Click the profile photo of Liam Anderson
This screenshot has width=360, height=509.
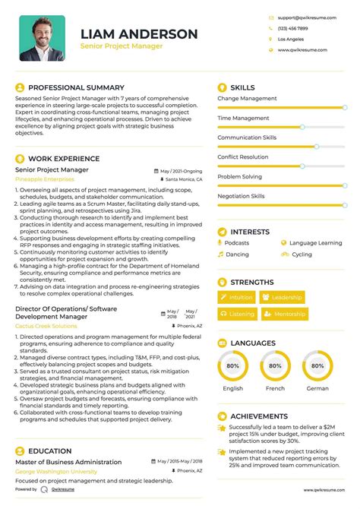click(x=42, y=38)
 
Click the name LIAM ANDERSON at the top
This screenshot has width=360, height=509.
click(x=139, y=34)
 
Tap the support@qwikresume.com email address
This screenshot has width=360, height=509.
click(x=302, y=17)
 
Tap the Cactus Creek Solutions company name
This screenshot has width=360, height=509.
click(x=46, y=326)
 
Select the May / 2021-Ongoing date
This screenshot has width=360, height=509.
click(x=182, y=172)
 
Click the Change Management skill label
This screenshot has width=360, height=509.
click(x=247, y=99)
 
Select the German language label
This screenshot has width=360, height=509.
click(x=317, y=388)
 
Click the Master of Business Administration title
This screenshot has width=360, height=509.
click(x=68, y=462)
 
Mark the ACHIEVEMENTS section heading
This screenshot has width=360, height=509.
click(x=259, y=416)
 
